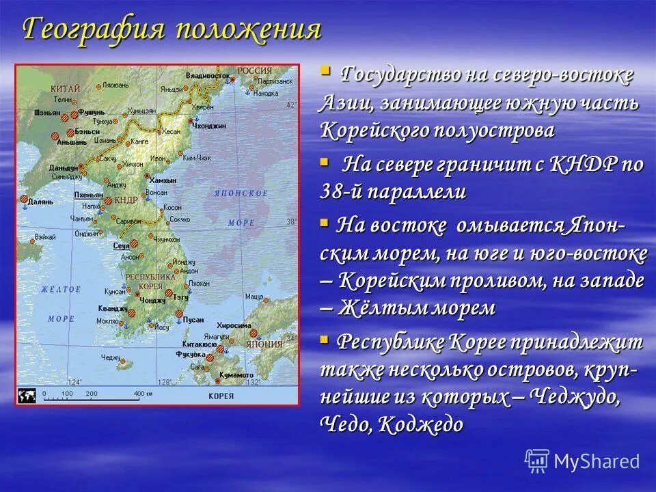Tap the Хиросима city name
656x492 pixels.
234,325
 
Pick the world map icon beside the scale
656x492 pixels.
27,395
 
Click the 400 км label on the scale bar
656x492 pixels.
143,394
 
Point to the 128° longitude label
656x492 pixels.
165,383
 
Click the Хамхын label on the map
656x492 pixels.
163,180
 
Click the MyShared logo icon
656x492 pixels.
537,460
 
